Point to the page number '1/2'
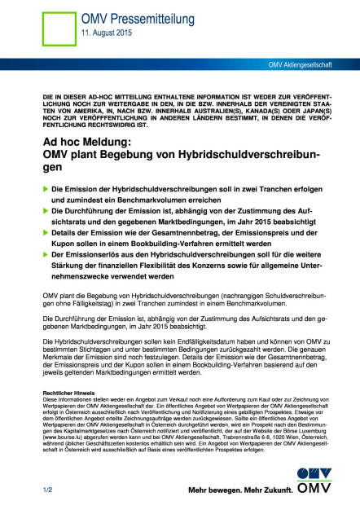pos(48,490)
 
